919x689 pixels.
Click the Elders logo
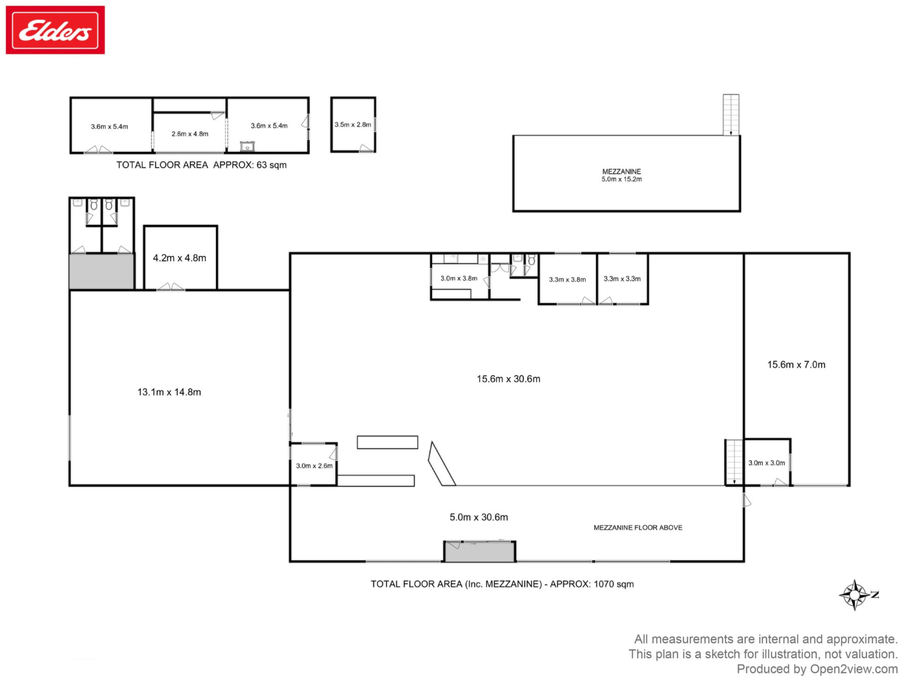coord(55,30)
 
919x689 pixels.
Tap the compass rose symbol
coord(854,595)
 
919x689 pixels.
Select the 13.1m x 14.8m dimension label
coord(169,392)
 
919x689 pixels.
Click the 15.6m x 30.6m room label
coord(508,379)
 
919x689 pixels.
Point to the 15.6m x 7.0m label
coord(796,364)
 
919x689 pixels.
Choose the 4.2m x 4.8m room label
coord(180,258)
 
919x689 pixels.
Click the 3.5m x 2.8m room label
coord(353,124)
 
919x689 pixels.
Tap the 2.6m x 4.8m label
coord(190,133)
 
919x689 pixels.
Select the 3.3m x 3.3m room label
coord(622,279)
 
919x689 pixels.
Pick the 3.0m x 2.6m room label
coord(314,466)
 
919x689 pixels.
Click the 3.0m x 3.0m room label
coord(766,463)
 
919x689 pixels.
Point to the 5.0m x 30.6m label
coord(479,517)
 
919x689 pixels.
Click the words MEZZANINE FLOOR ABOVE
coord(637,528)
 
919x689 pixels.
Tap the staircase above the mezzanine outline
coord(731,115)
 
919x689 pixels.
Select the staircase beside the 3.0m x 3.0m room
coord(735,462)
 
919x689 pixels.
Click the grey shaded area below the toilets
coord(102,271)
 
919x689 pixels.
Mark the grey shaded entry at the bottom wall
coord(479,551)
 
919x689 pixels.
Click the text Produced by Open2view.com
coord(817,669)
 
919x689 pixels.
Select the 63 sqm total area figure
coord(271,165)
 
